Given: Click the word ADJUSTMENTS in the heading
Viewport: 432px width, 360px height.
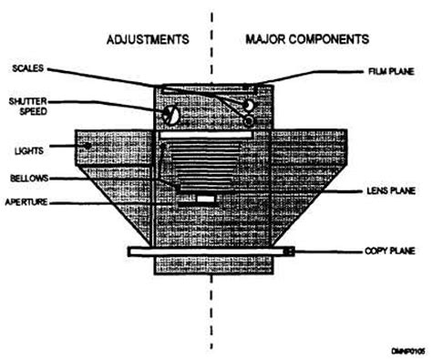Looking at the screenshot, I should click(148, 40).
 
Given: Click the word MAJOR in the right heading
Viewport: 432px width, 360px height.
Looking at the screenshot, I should click(264, 40).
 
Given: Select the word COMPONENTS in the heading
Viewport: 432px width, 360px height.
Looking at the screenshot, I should click(327, 40).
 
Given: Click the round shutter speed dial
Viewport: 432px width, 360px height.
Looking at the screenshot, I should click(170, 115).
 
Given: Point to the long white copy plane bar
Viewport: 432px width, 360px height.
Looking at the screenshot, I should click(209, 252).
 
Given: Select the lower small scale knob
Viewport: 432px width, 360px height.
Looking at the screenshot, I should click(250, 118).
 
